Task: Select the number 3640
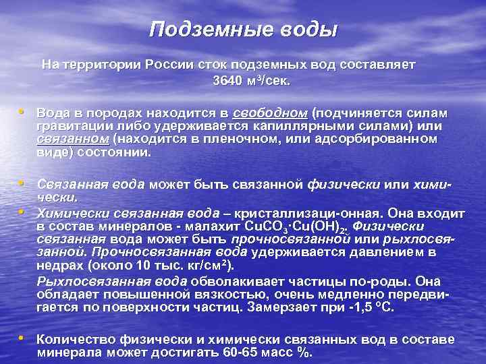(x=226, y=81)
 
